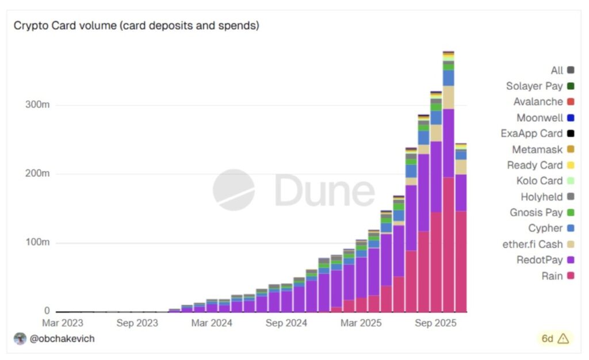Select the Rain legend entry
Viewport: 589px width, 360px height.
tap(552, 276)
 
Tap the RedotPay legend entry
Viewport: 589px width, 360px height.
tap(541, 260)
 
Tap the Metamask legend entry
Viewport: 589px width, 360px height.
tap(537, 150)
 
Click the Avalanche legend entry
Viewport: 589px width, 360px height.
tap(538, 102)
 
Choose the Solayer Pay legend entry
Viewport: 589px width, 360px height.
tap(534, 86)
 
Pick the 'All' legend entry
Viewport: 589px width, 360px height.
tap(557, 70)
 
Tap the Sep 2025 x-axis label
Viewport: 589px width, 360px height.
tap(435, 323)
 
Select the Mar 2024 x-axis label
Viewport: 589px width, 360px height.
tap(212, 323)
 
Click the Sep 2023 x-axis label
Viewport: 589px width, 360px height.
tap(137, 323)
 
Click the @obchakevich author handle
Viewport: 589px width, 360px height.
tap(62, 339)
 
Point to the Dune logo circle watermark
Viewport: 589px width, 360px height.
tap(234, 190)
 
